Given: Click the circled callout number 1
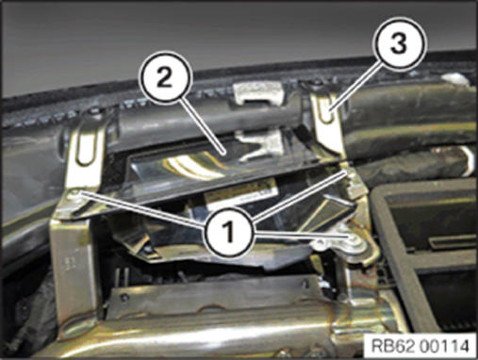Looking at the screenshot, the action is [229, 233].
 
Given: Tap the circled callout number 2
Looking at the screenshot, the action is [165, 76].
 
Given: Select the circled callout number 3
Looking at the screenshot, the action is [399, 42].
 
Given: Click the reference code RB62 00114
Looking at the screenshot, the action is [420, 346].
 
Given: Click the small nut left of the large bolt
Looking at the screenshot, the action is [320, 243].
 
